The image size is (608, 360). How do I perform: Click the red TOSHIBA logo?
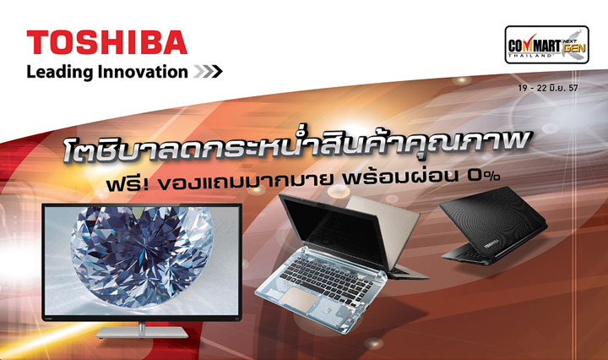106,43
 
